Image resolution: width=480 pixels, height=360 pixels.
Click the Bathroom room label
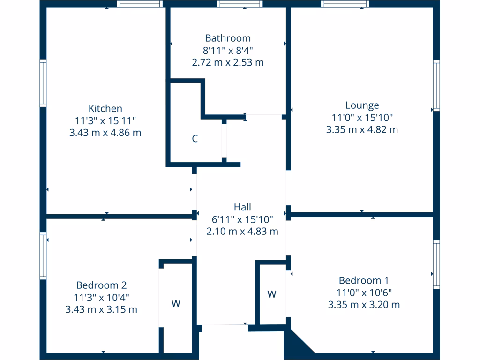[228, 38]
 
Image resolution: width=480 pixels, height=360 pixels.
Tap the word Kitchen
[105, 108]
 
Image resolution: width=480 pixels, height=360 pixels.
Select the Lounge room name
[362, 105]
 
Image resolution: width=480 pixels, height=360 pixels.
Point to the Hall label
[242, 207]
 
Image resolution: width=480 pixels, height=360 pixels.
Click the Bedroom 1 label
[364, 280]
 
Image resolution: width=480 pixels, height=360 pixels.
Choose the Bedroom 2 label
[101, 285]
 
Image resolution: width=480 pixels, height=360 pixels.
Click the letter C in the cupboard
[195, 139]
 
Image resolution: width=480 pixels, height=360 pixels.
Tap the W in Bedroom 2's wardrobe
[176, 303]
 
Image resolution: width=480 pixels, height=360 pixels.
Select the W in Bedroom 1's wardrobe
[272, 294]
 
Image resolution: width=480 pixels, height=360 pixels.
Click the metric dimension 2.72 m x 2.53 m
[228, 62]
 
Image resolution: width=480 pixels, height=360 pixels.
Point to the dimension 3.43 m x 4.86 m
[105, 133]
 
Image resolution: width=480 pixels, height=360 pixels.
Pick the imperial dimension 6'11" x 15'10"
[242, 219]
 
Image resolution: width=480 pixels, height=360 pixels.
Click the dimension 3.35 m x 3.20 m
[364, 305]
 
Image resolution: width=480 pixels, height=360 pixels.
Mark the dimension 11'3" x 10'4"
[101, 297]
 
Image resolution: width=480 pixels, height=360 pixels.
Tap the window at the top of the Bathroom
[240, 4]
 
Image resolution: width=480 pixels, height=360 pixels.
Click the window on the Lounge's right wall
[436, 85]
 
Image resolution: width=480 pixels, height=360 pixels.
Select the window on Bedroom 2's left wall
[43, 256]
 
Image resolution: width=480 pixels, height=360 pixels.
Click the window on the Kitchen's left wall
[43, 83]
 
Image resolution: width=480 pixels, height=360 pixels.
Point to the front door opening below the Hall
[225, 329]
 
